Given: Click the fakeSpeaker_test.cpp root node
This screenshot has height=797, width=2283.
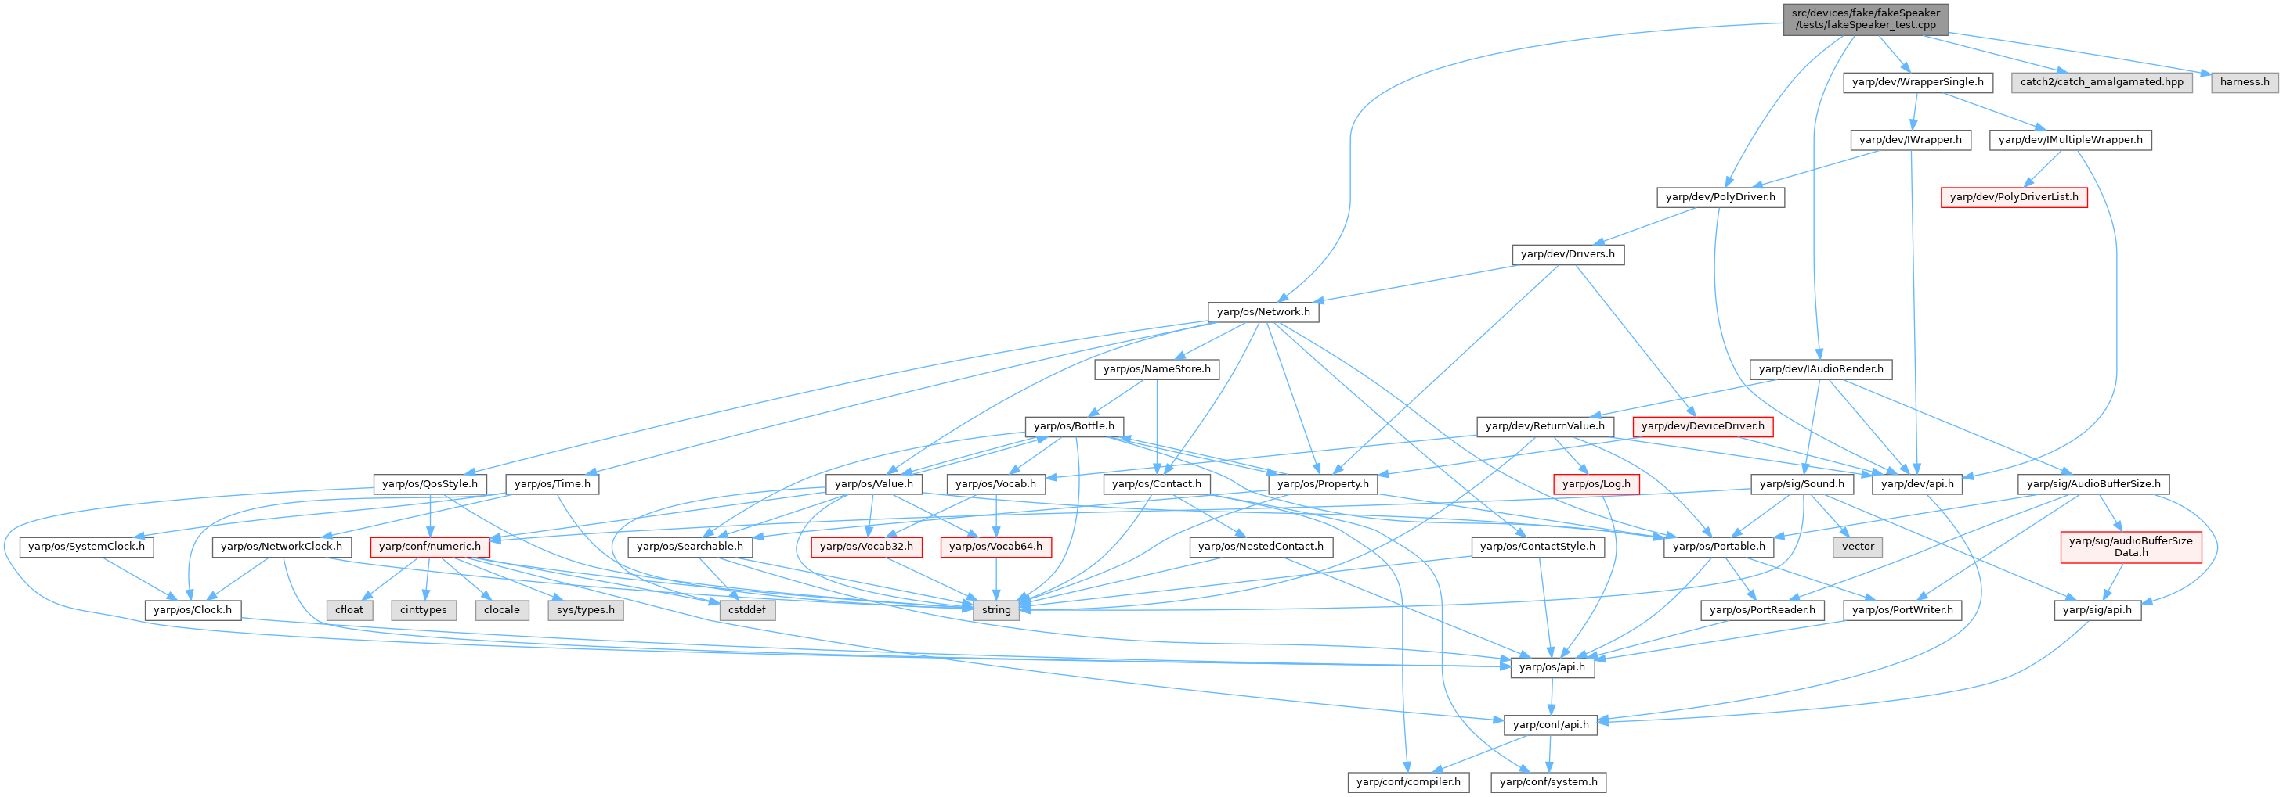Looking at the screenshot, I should (x=1865, y=19).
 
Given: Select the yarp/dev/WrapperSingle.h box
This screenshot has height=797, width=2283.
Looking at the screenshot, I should (x=1917, y=82).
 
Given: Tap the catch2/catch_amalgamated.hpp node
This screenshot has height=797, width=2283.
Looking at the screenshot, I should (x=2101, y=82).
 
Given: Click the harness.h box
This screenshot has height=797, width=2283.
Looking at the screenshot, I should (x=2244, y=82).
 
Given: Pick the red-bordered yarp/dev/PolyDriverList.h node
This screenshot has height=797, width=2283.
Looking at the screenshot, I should (x=2014, y=196).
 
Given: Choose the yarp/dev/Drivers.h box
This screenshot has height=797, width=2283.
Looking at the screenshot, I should (x=1567, y=254).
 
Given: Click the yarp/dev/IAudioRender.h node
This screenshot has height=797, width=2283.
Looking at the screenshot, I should (x=1820, y=369).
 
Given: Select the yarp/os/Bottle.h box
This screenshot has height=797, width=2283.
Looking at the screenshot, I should (x=1073, y=426).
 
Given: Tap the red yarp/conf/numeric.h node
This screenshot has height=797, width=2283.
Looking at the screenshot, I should (x=430, y=547).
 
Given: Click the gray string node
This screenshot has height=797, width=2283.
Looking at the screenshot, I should (x=995, y=609).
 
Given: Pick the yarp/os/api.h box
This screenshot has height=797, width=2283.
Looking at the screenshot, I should (x=1551, y=667).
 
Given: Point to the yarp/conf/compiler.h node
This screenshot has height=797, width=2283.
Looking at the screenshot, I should (x=1407, y=782).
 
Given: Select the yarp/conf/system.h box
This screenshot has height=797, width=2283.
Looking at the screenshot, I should (x=1548, y=782).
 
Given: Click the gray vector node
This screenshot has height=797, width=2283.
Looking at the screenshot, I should (x=1858, y=547).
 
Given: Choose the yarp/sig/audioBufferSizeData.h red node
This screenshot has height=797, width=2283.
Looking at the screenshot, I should (x=2129, y=547).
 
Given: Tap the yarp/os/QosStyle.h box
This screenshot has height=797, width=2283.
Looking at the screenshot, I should (x=429, y=483).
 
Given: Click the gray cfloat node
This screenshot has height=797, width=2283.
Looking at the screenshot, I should (x=349, y=609).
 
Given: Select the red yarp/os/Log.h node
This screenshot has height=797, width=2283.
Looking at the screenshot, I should (x=1595, y=483).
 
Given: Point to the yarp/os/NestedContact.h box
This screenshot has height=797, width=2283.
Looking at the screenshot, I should (x=1260, y=547).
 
